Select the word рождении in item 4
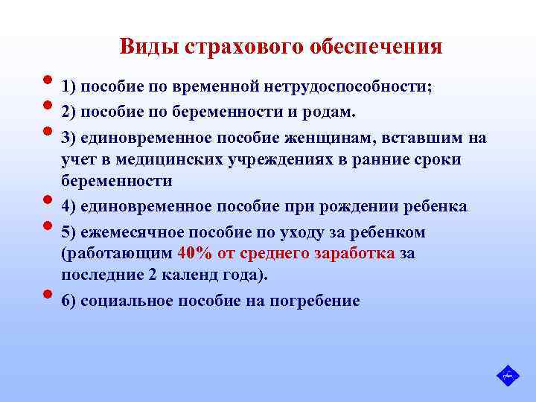pos(354,206)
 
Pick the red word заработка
pos(349,253)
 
